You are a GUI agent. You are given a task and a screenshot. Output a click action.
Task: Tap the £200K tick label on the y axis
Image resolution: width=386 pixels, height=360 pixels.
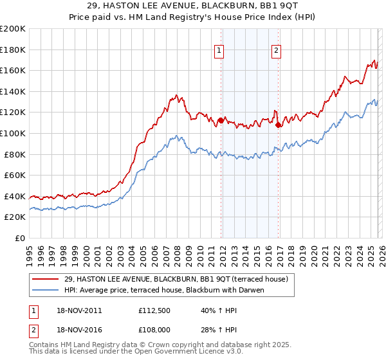pos(13,29)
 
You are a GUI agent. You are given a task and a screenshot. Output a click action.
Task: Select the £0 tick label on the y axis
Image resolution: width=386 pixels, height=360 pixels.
pos(19,238)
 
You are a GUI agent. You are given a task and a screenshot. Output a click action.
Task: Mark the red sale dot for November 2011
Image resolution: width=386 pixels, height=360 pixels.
pos(221,120)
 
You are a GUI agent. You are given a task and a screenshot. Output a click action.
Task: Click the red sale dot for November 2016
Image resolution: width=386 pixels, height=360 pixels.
pos(278,125)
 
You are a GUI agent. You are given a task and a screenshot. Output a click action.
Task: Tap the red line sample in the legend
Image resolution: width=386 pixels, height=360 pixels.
pos(46,279)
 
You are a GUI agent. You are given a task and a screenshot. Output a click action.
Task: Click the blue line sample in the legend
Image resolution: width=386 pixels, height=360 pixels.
pos(46,290)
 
